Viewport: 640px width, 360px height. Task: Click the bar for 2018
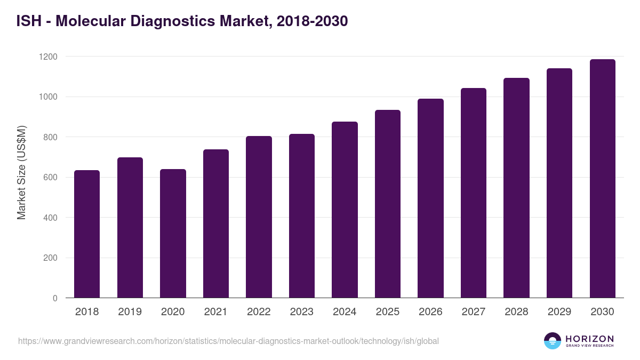(x=87, y=234)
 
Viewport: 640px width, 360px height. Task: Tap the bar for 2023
(x=302, y=216)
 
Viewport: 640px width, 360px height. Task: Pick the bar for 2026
(x=430, y=198)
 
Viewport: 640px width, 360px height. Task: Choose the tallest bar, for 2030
(x=602, y=179)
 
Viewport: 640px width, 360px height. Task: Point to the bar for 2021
(x=216, y=223)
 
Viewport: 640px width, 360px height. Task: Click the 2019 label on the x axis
(x=130, y=312)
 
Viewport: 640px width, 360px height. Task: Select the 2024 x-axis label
(x=345, y=312)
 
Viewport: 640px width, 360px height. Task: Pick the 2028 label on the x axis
(x=516, y=312)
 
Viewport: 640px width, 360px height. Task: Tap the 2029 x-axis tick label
(x=559, y=312)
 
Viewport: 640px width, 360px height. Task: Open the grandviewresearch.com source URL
(x=228, y=341)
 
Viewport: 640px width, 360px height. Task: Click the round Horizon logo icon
(x=553, y=341)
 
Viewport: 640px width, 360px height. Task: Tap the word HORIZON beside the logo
(x=589, y=339)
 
